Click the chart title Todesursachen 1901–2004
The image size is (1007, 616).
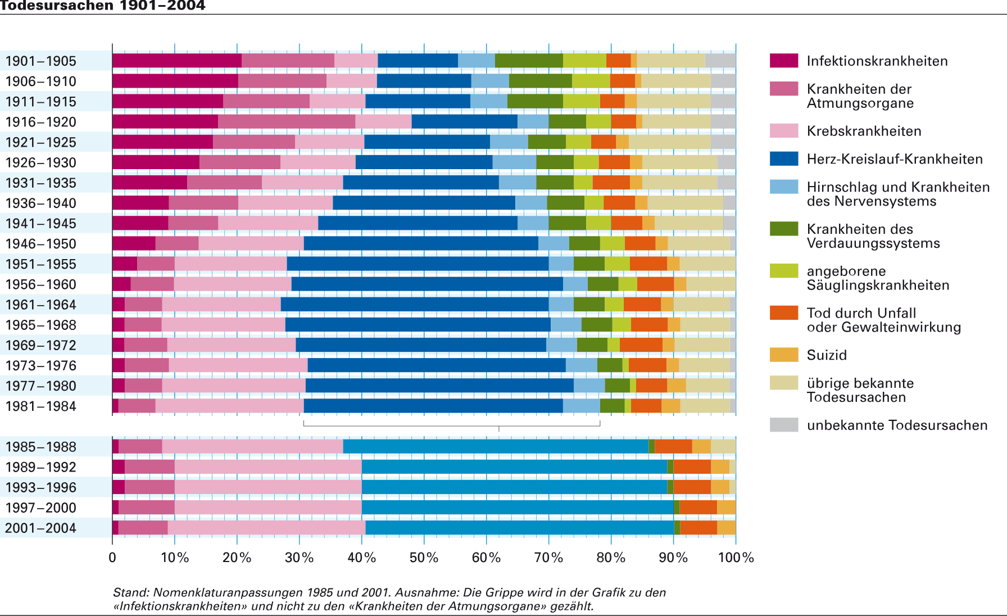pos(103,6)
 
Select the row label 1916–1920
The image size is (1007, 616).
pos(40,122)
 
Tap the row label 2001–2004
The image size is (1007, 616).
pos(40,528)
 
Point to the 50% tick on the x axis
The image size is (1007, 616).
pos(424,557)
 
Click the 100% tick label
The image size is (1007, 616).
pos(736,557)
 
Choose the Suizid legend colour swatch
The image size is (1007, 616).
pos(784,355)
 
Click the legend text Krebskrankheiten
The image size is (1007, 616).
pos(864,131)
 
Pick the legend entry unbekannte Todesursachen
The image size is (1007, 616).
pos(897,425)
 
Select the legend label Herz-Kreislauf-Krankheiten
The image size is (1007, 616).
pos(895,159)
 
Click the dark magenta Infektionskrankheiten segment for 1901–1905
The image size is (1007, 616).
pos(176,61)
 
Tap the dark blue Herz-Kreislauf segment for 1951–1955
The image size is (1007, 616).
pos(418,264)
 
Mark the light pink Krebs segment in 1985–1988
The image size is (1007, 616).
pos(252,446)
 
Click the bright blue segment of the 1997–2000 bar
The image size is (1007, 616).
pos(517,508)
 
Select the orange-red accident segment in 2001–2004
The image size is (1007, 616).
pos(698,528)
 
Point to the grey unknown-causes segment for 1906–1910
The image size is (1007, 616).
pos(723,81)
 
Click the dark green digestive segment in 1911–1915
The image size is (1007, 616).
pos(535,101)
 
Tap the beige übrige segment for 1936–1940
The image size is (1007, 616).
pos(685,203)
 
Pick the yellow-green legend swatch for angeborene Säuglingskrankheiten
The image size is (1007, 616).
pos(784,271)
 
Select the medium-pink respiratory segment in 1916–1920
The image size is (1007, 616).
pos(287,121)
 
